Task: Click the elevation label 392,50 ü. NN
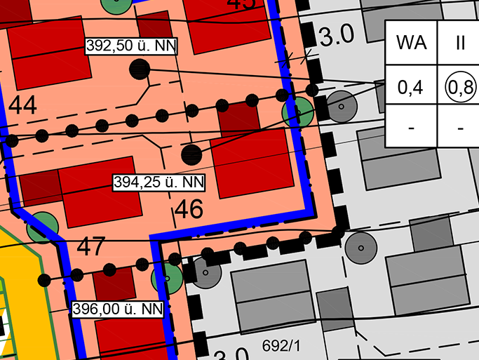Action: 130,46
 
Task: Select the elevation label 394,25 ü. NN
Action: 159,182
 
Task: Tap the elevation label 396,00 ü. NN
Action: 118,308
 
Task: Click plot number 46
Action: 189,209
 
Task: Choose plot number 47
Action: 90,247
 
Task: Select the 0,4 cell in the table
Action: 410,88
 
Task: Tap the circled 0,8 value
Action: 461,88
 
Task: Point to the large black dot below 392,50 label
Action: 140,69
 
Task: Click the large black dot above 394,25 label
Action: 191,154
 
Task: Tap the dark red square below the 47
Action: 114,283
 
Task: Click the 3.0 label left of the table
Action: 337,37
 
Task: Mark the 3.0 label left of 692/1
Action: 231,354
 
